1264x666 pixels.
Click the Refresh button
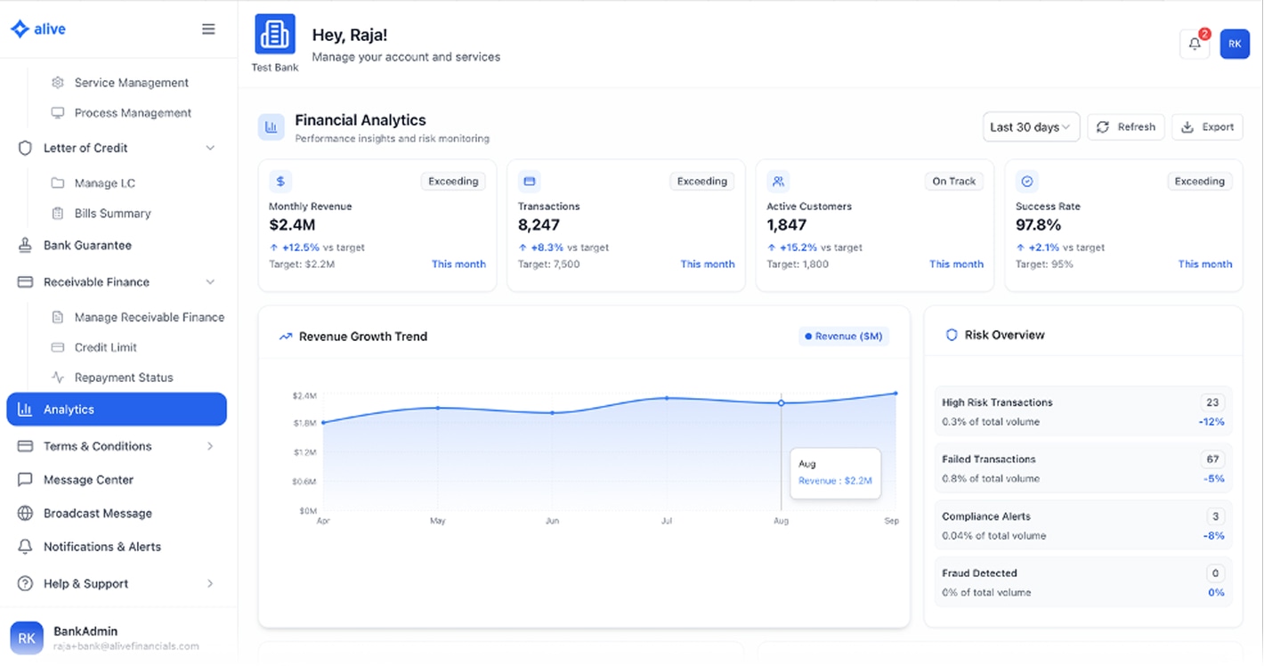coord(1125,127)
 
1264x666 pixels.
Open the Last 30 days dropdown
coord(1031,127)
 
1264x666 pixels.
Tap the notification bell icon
coord(1195,44)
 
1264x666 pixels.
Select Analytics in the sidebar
coord(117,410)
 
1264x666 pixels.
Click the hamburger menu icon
coord(208,29)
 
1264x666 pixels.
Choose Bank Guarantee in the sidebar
coord(87,245)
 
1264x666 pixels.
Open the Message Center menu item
coord(88,480)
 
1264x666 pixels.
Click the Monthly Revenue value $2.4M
coord(292,225)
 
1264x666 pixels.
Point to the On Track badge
coord(953,182)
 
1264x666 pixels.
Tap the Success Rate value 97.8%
coord(1038,225)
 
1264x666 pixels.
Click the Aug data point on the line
coord(782,403)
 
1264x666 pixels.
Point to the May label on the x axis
coord(437,521)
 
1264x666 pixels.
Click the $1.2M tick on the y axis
coord(304,452)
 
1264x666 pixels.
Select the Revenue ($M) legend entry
coord(843,337)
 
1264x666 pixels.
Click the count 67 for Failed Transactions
coord(1212,459)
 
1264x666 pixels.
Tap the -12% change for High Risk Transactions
coord(1211,422)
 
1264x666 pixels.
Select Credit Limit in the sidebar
coord(105,347)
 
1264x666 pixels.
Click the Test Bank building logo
coord(274,35)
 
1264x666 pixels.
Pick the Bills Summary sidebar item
coord(112,214)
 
